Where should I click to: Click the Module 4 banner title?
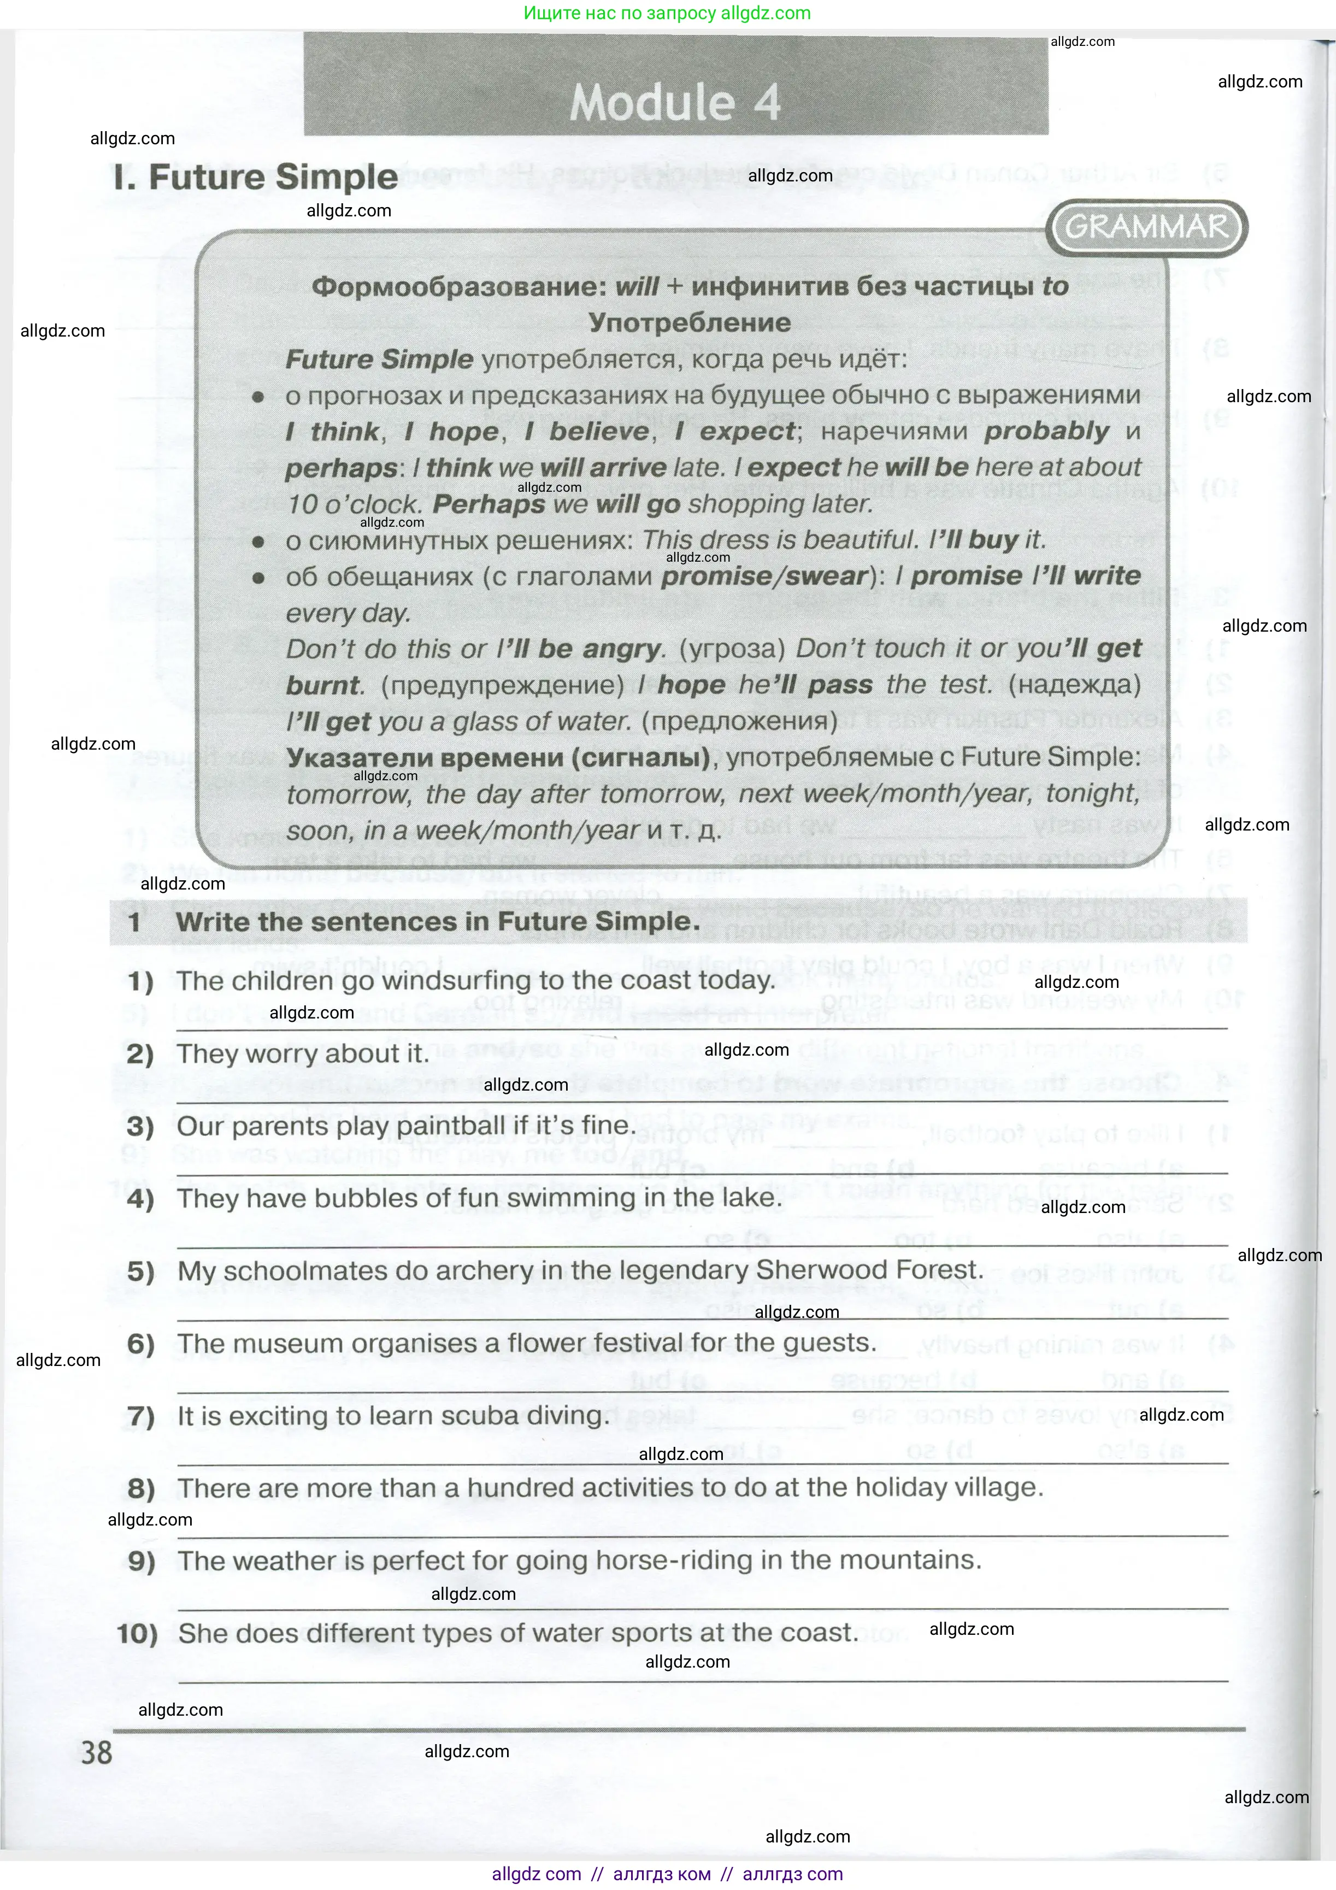click(x=675, y=102)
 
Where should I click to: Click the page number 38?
click(x=96, y=1752)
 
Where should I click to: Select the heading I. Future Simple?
click(x=256, y=177)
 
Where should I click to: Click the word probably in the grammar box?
click(x=1046, y=431)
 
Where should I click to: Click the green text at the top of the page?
click(x=667, y=13)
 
